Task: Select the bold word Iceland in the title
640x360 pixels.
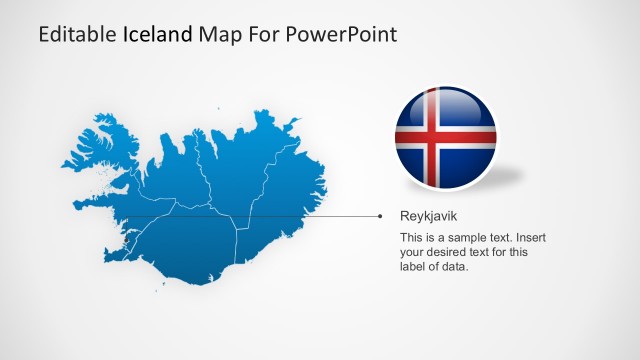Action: [x=158, y=35]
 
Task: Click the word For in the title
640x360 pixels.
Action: [x=266, y=35]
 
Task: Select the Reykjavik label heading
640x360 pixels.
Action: [x=429, y=215]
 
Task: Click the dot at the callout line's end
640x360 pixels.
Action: [x=380, y=215]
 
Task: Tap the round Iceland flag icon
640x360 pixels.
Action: [x=445, y=138]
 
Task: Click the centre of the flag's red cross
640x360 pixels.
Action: [x=432, y=138]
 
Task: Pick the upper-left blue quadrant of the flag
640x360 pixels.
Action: [x=411, y=116]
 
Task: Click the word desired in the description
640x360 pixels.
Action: [x=449, y=253]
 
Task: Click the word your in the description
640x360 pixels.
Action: [x=412, y=253]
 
